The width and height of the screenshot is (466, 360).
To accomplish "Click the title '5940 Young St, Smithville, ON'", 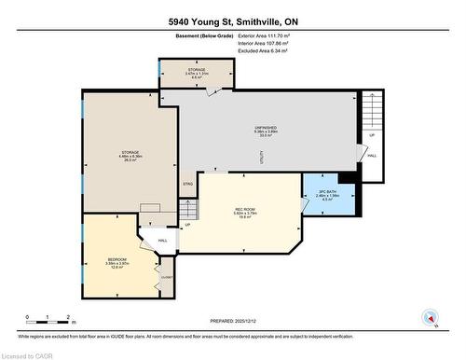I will click(x=232, y=21).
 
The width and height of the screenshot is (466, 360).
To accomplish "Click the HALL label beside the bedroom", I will click(x=161, y=241).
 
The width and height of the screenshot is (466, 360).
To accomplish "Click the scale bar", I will click(x=50, y=320).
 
